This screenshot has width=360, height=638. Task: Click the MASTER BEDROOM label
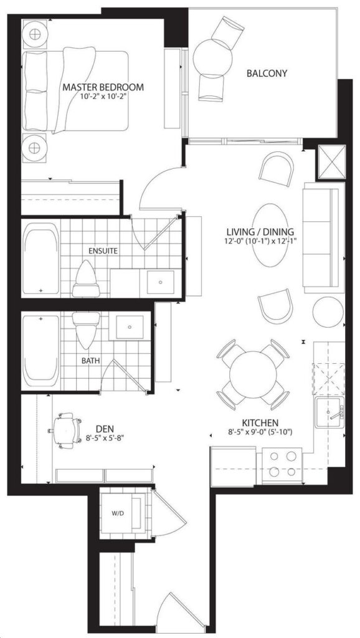pos(103,87)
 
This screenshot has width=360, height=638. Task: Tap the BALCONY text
pos(267,74)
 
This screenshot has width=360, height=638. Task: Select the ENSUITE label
pos(104,251)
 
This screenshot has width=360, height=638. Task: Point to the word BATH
pos(90,361)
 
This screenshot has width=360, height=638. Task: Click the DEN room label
pos(105,429)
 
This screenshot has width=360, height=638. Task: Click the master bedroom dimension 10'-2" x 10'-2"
pos(103,97)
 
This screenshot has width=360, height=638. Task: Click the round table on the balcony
pos(209,58)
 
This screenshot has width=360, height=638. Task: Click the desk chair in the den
pos(65,431)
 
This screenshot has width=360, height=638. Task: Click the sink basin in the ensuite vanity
pos(161,282)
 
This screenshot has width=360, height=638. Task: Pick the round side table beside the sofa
pos(328,312)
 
